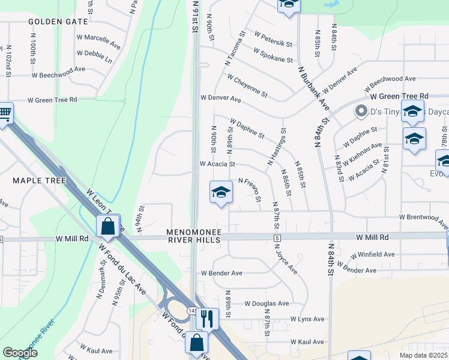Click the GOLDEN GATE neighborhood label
click(58, 22)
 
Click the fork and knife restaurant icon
click(207, 318)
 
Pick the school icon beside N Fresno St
click(221, 192)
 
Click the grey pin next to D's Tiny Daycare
click(361, 111)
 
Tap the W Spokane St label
click(274, 56)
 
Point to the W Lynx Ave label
click(307, 319)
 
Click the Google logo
click(20, 353)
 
